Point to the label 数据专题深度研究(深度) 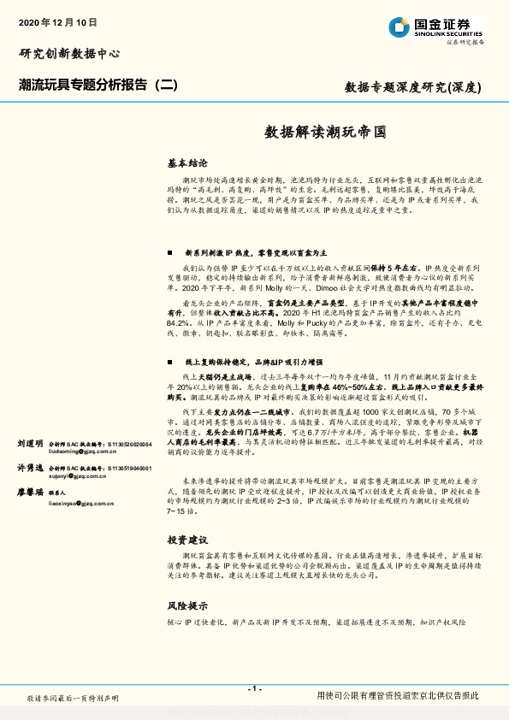[413, 86]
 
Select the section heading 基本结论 [186, 162]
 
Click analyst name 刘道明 [29, 445]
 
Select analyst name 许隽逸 [29, 469]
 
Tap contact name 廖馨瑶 [29, 493]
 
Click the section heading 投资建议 [187, 540]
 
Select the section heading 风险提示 [187, 604]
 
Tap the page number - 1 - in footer [254, 688]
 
